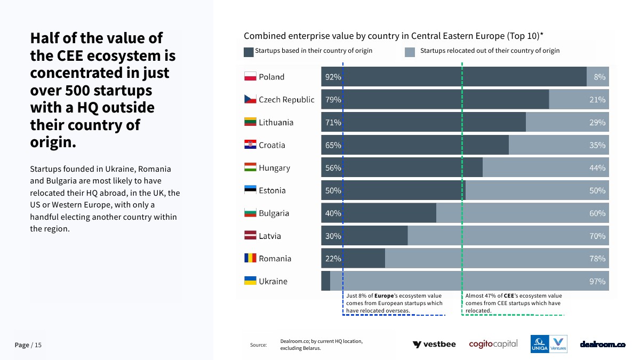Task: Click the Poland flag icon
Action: coord(250,77)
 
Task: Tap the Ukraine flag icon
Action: coord(250,281)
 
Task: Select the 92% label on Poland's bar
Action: coord(333,77)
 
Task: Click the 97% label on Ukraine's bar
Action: coord(597,281)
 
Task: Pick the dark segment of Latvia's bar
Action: coord(373,236)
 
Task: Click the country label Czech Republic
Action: coord(286,100)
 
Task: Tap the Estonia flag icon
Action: coord(250,190)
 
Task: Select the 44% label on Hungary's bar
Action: coord(597,168)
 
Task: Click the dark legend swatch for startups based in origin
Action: coord(249,52)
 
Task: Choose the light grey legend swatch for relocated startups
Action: coord(410,52)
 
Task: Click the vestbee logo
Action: coord(434,345)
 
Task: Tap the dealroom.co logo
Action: coord(603,345)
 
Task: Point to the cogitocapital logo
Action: coord(493,344)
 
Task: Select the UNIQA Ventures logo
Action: coord(549,344)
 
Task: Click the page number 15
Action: coord(38,345)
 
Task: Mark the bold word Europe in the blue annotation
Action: coord(384,295)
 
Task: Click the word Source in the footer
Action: coord(258,345)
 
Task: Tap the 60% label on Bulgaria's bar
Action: coord(597,213)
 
